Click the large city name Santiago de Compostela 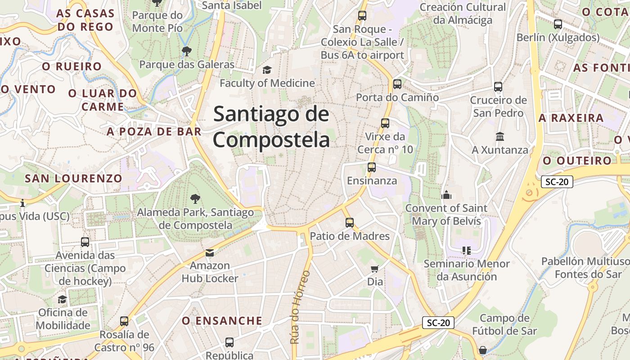[271, 127]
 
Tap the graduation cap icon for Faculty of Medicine [267, 70]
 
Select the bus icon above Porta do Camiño [397, 84]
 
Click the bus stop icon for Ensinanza [372, 167]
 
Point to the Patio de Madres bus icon [350, 222]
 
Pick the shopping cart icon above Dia [374, 269]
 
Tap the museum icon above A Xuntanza [500, 136]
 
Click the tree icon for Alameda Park [195, 198]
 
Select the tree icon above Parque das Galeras [186, 51]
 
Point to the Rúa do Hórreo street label [300, 307]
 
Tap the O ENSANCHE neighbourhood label [222, 321]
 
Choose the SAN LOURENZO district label [73, 178]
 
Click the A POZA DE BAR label [154, 131]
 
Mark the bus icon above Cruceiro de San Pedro [498, 86]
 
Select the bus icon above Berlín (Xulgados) [558, 24]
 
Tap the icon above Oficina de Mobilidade [63, 299]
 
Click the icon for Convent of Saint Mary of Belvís [446, 194]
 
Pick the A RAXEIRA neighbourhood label [571, 118]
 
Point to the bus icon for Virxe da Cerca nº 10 [385, 123]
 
